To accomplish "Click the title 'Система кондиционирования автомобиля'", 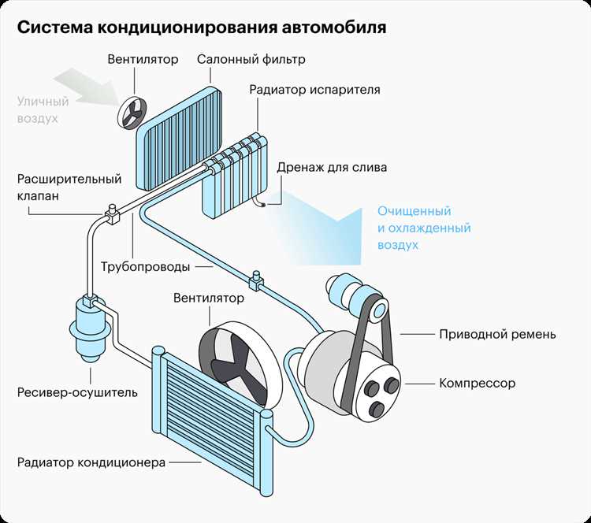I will coord(202,28).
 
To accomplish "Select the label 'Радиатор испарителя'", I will coord(314,89).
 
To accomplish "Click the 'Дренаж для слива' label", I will coord(332,167).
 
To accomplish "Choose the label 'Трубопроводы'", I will coord(145,266).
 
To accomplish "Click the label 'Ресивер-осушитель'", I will coord(77,391).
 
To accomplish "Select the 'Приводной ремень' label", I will coord(497,334).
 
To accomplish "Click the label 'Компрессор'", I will coord(477,384).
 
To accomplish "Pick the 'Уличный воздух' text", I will coord(43,109).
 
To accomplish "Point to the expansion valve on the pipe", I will coord(110,211).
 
